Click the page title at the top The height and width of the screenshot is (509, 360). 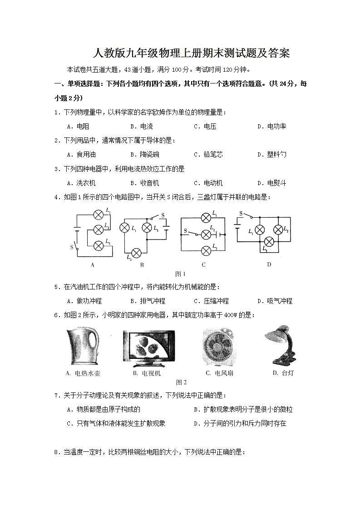coord(191,54)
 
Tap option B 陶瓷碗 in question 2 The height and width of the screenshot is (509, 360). coord(144,154)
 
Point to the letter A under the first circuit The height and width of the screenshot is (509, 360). coord(93,264)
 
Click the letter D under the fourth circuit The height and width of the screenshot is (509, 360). coord(269,264)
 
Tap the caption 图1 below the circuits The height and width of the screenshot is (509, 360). coord(180,274)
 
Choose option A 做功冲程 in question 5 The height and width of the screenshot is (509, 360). coord(84,301)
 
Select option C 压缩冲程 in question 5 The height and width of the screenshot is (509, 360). coord(211,301)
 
